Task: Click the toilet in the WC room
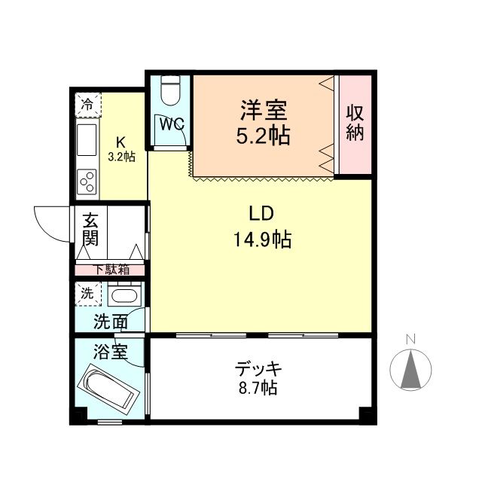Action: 171,92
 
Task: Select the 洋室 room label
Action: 264,111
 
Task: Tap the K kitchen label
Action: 120,142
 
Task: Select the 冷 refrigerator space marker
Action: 88,104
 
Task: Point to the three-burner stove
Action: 87,181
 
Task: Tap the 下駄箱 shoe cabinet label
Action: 110,269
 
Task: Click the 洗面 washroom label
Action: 110,322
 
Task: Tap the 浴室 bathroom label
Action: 110,352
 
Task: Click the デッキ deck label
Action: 258,370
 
